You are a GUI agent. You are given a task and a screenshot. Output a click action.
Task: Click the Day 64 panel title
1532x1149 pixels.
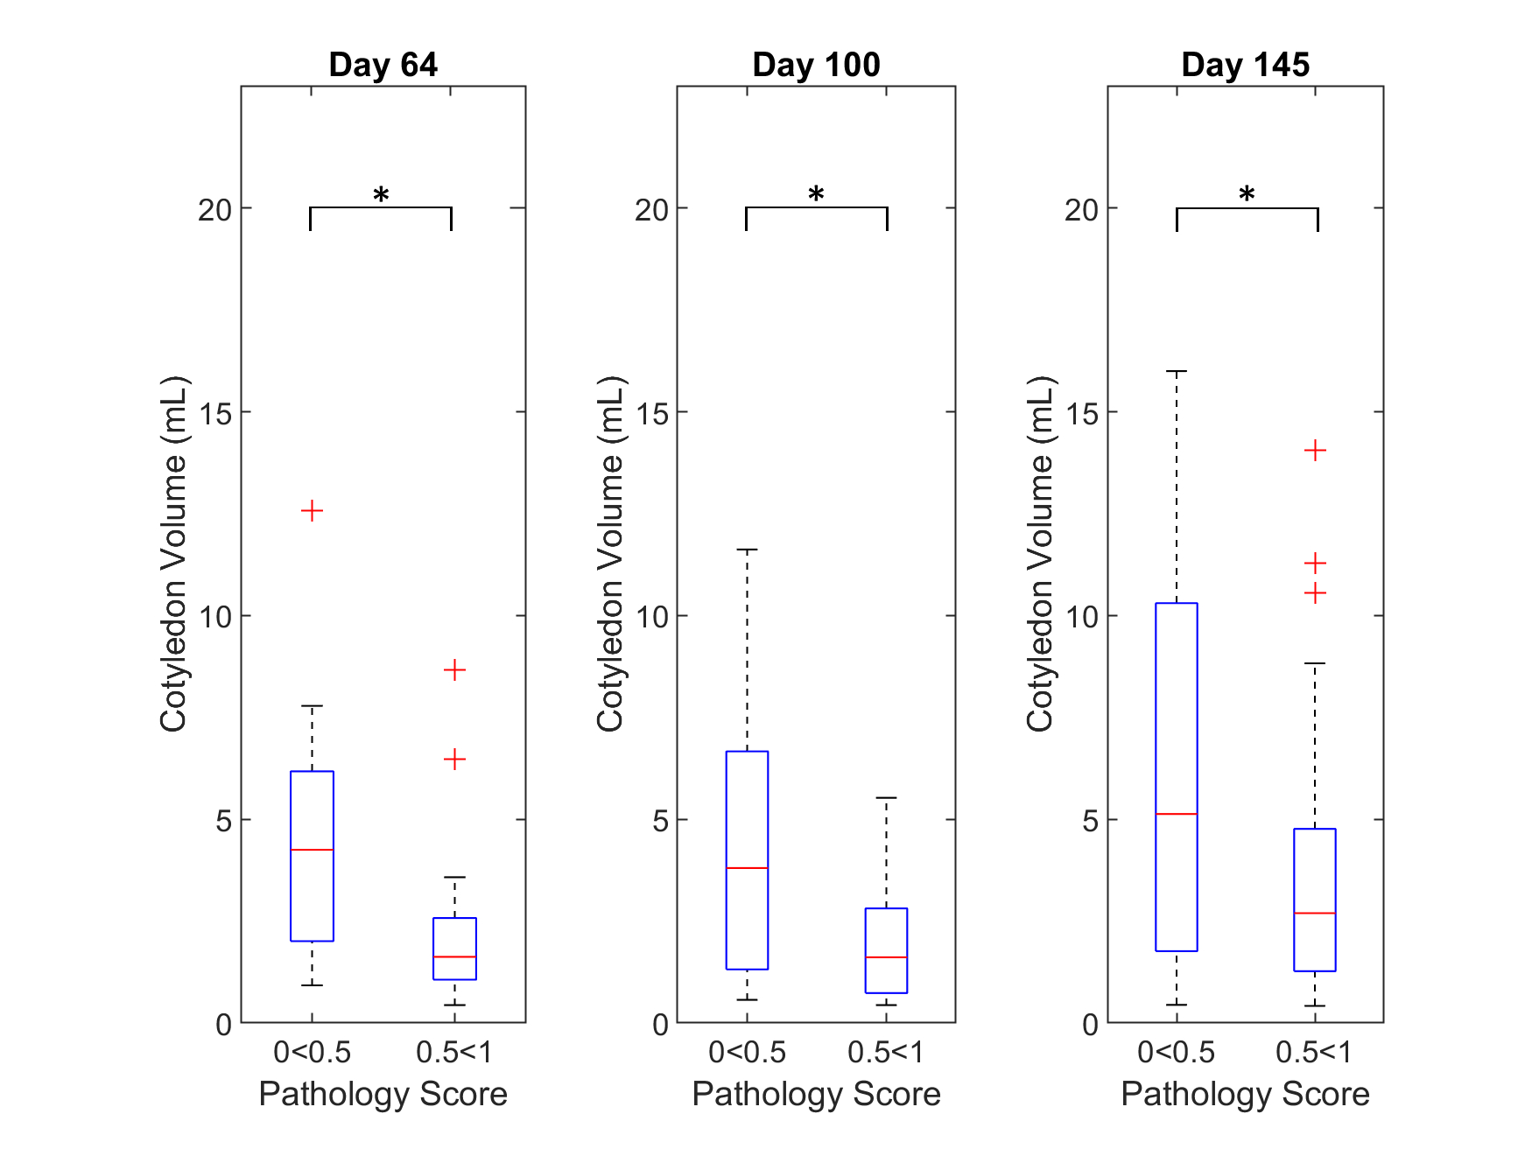(383, 65)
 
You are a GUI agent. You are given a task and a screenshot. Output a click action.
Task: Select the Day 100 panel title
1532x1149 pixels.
(816, 65)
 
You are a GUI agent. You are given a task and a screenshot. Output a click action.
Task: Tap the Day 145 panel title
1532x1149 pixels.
(1245, 65)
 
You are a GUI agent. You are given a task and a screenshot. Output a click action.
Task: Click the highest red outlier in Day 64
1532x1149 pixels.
(312, 511)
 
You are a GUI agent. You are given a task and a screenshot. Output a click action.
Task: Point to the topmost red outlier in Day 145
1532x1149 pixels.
(1315, 451)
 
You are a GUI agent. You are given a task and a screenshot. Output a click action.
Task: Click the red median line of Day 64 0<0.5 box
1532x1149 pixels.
(312, 850)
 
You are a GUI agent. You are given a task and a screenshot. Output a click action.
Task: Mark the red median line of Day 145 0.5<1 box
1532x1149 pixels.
(1315, 913)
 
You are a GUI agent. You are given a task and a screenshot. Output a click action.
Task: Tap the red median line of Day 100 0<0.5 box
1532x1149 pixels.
(747, 868)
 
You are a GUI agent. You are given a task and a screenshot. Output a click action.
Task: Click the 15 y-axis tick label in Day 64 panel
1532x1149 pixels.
(215, 413)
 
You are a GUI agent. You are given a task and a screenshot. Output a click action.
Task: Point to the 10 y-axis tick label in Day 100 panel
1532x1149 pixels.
(651, 617)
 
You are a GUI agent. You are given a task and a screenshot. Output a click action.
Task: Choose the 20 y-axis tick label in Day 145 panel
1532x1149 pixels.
(1081, 210)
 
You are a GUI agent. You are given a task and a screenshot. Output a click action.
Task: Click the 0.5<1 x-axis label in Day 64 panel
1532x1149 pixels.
(454, 1052)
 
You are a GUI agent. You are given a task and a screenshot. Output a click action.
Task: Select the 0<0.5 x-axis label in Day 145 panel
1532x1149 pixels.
(1176, 1052)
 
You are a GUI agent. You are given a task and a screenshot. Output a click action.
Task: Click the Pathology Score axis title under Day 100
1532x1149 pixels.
(816, 1094)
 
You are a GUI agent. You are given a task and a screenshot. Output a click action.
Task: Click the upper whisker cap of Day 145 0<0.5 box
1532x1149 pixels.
(1177, 372)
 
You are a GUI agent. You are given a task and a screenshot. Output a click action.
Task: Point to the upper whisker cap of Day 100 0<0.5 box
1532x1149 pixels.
(747, 550)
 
